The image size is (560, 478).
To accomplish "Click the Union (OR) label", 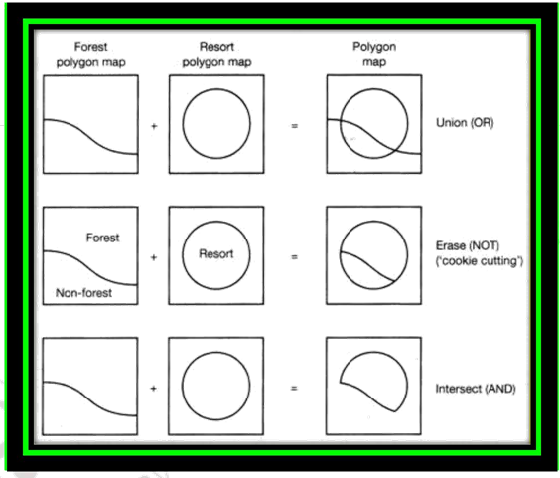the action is [465, 123].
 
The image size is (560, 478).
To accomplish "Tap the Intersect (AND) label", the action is [476, 389].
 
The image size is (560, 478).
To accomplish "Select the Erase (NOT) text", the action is [468, 245].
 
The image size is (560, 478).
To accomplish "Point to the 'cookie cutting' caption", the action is [480, 261].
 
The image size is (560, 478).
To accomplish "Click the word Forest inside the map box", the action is [103, 238].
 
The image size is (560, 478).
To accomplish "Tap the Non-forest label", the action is [83, 293].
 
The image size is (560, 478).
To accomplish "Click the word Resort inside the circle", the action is [216, 253].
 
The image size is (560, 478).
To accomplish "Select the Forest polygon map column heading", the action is [90, 54].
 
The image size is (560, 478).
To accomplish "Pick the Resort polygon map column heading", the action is [216, 54].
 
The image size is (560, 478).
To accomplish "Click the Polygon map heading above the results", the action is [374, 54].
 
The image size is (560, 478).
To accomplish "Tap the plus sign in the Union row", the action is [154, 126].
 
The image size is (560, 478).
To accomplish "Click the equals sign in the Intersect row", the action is [294, 389].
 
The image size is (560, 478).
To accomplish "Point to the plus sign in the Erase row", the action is [154, 257].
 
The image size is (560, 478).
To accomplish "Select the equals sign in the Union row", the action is [294, 126].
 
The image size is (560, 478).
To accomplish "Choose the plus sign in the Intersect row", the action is [153, 389].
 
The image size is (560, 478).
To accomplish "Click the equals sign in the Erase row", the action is [294, 257].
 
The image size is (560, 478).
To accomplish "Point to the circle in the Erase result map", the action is [407, 255].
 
